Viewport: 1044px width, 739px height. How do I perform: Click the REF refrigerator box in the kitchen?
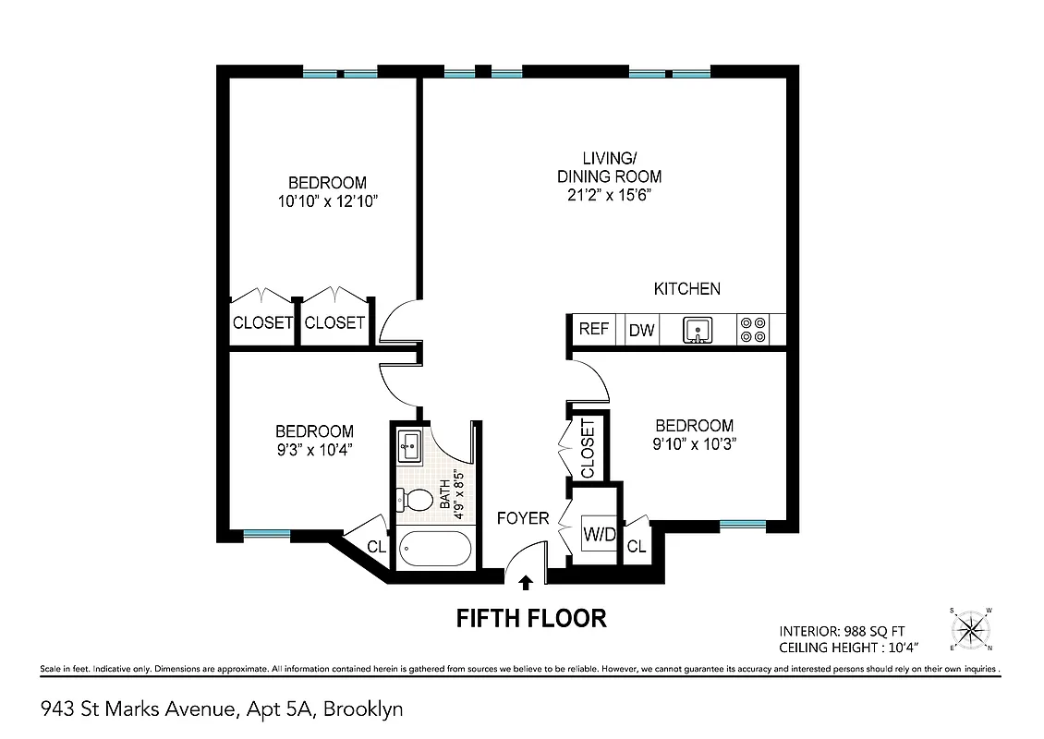[593, 329]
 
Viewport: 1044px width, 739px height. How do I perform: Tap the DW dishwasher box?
[641, 330]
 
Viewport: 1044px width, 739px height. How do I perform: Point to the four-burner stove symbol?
[753, 330]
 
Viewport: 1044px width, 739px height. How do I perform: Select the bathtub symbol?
[435, 549]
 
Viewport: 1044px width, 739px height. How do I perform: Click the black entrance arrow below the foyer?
[527, 582]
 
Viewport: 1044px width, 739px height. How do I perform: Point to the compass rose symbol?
[972, 630]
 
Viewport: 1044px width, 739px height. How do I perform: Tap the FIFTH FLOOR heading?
[531, 618]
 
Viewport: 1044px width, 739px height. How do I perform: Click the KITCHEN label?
[686, 289]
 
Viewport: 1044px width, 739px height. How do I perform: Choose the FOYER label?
[523, 518]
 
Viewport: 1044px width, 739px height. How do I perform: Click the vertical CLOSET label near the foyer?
[589, 448]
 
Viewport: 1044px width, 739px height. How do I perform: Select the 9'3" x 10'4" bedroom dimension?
[314, 449]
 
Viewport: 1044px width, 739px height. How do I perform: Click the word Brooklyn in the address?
[362, 709]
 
